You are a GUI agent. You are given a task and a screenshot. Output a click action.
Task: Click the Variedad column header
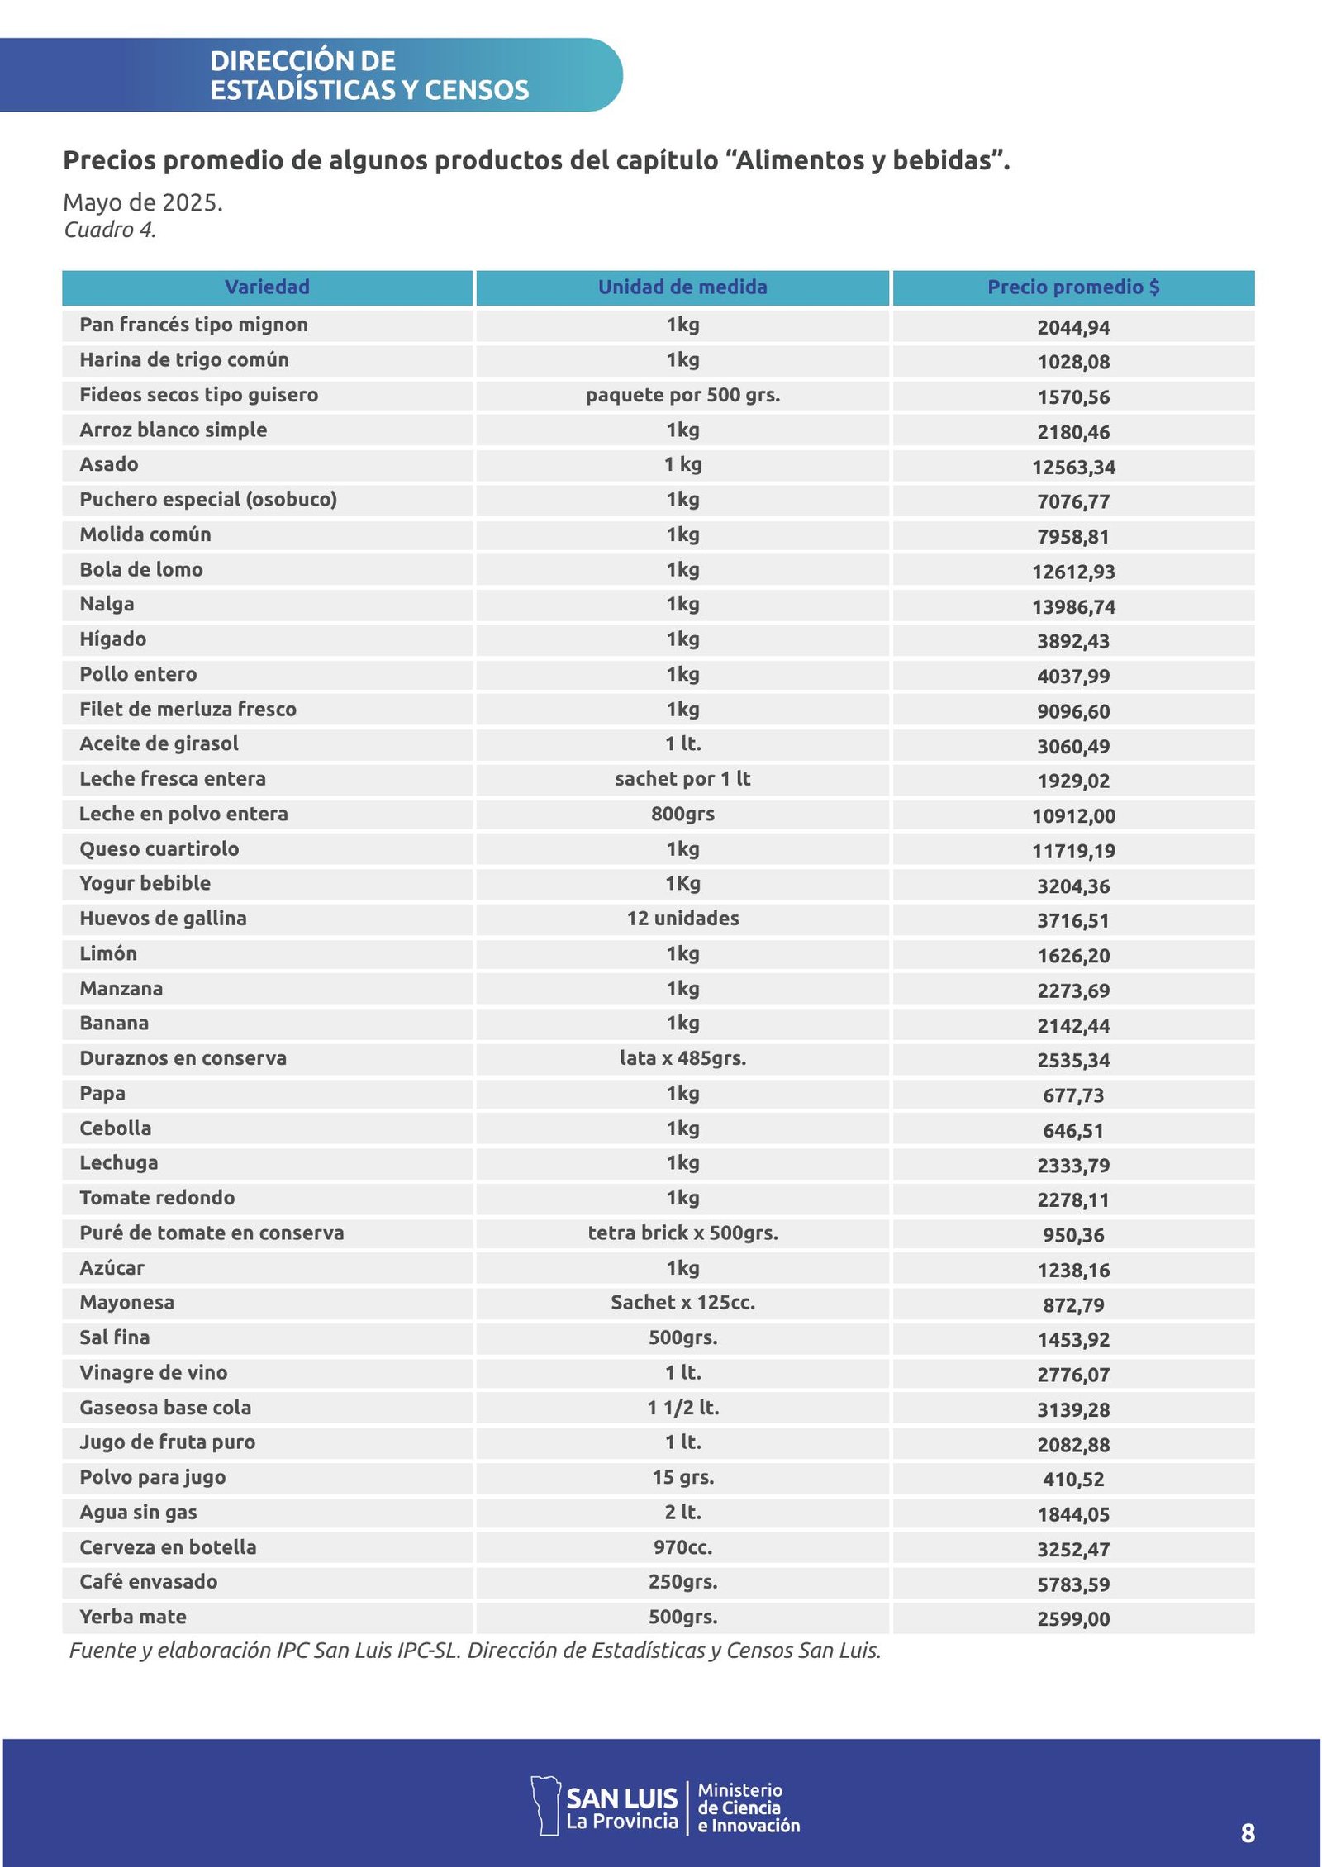coord(267,287)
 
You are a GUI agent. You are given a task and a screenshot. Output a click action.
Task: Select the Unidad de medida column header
coord(682,287)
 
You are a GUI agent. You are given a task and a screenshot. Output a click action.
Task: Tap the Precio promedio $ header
coord(1073,287)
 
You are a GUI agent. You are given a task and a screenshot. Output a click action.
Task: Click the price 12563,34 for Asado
coord(1073,467)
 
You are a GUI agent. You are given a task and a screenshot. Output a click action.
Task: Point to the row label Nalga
coord(107,604)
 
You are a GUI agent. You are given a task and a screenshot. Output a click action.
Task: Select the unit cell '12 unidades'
coord(682,918)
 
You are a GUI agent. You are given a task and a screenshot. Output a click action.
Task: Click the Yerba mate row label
coord(133,1617)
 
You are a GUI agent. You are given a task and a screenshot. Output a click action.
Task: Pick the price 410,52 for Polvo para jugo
coord(1073,1479)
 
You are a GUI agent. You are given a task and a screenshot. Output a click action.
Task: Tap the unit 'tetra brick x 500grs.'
coord(682,1233)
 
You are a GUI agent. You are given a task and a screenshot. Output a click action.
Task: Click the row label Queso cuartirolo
coord(159,848)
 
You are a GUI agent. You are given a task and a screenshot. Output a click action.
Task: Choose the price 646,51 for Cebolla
coord(1073,1130)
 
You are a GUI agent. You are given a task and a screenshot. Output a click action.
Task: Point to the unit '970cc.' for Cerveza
coord(682,1546)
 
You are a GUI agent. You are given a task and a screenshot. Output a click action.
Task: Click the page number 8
coord(1248,1833)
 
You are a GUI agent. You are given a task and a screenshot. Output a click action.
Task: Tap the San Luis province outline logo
coord(544,1806)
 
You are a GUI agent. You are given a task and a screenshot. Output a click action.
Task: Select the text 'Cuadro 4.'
coord(110,230)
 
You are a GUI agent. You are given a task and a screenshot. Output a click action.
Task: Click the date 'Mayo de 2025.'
coord(143,202)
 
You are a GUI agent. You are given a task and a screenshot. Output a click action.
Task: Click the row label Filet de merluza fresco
coord(188,709)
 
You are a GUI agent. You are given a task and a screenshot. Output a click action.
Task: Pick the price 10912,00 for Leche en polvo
coord(1073,816)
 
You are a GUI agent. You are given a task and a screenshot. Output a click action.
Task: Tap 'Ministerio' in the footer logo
coord(739,1790)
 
